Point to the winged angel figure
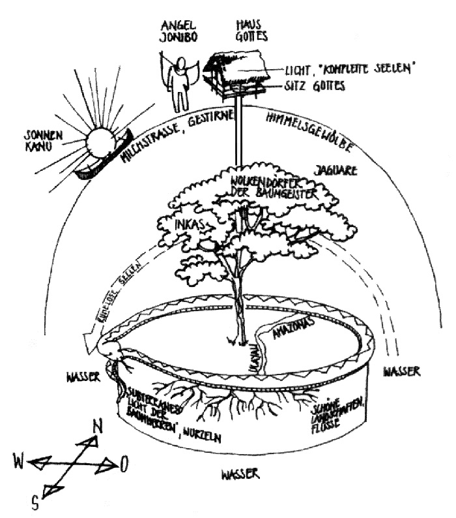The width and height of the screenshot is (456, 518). pos(178,82)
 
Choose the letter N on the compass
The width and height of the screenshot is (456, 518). pos(99,427)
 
